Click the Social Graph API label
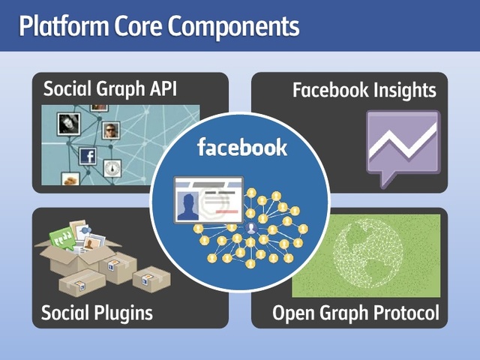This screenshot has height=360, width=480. click(x=109, y=89)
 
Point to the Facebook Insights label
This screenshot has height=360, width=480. click(x=364, y=91)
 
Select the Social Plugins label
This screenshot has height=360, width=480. click(x=97, y=312)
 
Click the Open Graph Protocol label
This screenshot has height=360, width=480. click(x=355, y=313)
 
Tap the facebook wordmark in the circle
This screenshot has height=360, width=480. click(x=241, y=146)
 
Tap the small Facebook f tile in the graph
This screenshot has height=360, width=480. click(x=88, y=156)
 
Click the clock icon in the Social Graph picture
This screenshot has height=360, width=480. click(x=112, y=167)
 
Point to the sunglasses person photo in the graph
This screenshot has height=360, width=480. click(x=112, y=130)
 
